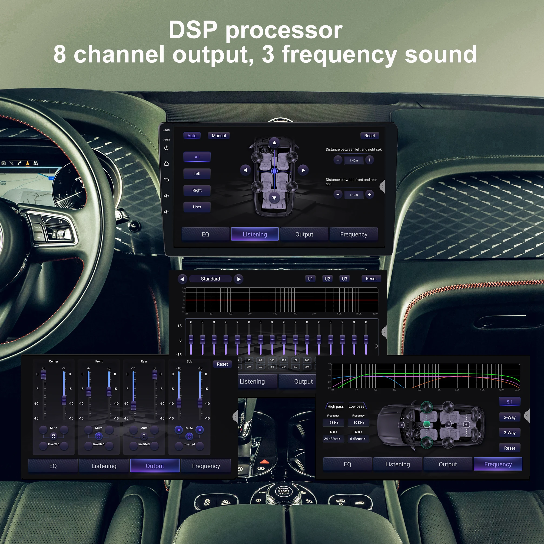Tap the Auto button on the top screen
tap(192, 135)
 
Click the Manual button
tap(218, 135)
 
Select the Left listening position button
tap(197, 174)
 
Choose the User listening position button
tap(197, 207)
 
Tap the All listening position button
tap(197, 157)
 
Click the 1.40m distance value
tap(354, 160)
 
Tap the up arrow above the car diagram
tap(274, 142)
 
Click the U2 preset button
tap(327, 278)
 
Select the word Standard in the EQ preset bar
tap(210, 278)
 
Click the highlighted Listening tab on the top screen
tap(254, 234)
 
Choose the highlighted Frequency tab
tap(498, 464)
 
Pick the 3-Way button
tap(509, 433)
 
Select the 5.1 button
tap(509, 402)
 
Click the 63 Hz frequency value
tap(334, 422)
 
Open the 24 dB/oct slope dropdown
tap(333, 439)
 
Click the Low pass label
tap(356, 406)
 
